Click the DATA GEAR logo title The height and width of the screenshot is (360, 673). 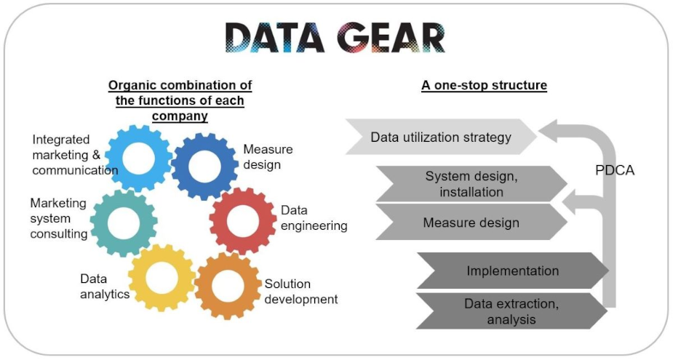click(335, 37)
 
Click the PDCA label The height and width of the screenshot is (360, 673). click(615, 170)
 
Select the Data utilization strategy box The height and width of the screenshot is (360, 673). click(441, 137)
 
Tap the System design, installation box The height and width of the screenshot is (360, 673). click(471, 184)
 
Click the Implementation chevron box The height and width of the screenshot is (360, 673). click(512, 271)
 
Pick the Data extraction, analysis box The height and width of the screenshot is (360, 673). click(511, 311)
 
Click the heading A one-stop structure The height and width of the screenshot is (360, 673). click(484, 85)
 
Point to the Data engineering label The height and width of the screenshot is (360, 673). click(314, 218)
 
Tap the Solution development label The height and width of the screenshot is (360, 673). click(301, 292)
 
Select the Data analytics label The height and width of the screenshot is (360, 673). click(105, 287)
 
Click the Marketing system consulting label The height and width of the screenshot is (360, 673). click(59, 218)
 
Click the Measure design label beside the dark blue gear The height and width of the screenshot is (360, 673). click(268, 156)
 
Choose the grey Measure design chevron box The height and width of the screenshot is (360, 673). click(471, 222)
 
